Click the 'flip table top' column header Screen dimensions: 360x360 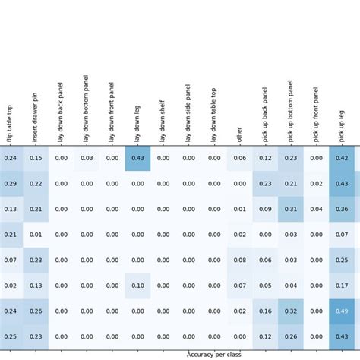[10, 123]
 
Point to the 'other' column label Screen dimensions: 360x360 [239, 134]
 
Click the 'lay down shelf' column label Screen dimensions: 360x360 [163, 121]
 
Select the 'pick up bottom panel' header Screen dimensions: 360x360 [290, 110]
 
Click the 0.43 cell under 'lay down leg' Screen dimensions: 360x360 [137, 158]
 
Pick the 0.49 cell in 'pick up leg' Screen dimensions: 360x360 [342, 311]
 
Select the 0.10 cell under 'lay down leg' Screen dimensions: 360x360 [137, 286]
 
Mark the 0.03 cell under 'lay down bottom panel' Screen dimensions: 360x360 [87, 158]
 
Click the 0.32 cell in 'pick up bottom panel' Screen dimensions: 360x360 [291, 311]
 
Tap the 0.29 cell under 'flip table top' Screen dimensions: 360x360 [10, 184]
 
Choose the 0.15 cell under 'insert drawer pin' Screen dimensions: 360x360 [36, 158]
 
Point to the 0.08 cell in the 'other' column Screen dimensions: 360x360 [240, 261]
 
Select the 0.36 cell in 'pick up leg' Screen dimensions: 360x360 [342, 210]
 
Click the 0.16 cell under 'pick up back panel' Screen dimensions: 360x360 [265, 311]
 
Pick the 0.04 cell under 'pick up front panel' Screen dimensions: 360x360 [316, 210]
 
